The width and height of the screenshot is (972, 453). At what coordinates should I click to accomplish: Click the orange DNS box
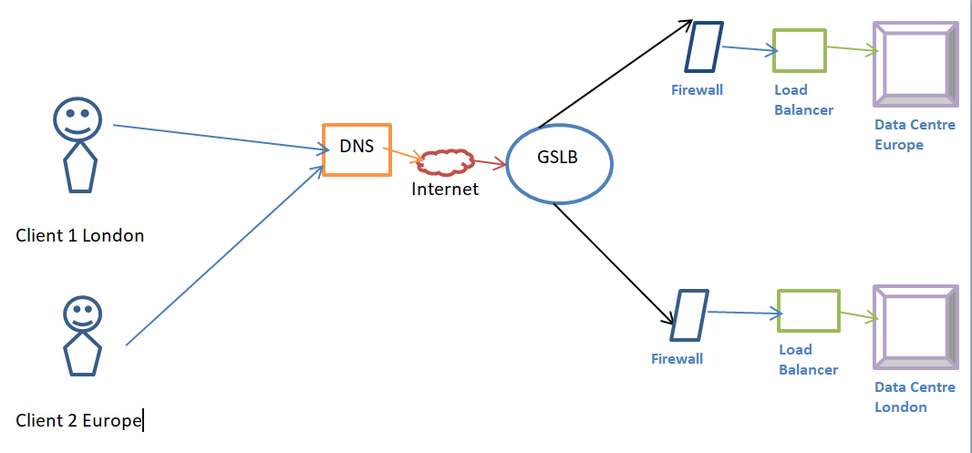pos(357,149)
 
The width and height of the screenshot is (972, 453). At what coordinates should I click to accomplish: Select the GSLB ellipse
pos(559,163)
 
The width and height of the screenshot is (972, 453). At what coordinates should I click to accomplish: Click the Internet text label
pos(445,190)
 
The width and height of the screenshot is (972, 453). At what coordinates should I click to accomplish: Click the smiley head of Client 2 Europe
pos(82,314)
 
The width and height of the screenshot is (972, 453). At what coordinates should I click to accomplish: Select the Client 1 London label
pos(80,235)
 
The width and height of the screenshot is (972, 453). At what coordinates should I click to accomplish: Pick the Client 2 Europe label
pos(79,420)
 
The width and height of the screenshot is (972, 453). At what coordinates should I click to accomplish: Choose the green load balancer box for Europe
pos(799,50)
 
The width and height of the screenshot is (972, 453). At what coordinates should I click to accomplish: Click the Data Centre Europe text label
pos(914,134)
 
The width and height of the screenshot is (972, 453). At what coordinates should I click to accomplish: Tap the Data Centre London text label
pos(915,396)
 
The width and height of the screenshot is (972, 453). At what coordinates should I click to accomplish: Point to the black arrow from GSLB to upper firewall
pos(616,75)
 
